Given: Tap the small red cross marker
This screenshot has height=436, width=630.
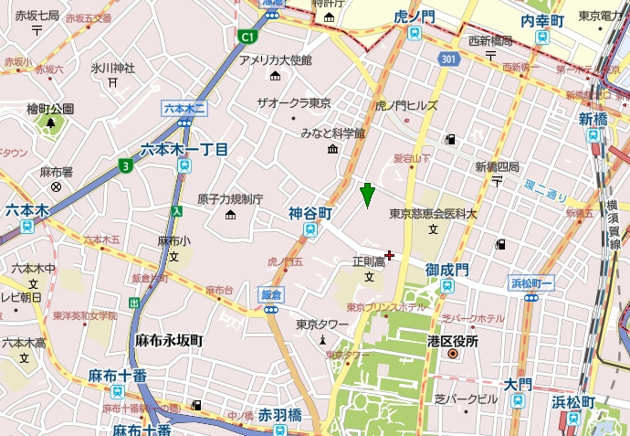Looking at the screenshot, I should [390, 255].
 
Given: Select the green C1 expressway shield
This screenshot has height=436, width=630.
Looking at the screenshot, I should [247, 37].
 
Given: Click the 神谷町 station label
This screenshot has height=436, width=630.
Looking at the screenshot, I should [310, 212].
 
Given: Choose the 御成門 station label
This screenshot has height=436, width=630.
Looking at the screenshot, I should [446, 270].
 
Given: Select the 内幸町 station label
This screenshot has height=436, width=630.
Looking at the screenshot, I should [545, 20].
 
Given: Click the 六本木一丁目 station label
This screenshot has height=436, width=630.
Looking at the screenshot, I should [184, 149].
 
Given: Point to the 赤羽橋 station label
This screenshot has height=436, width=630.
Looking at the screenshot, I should [278, 413].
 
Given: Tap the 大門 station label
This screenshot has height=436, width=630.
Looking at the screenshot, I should [518, 385].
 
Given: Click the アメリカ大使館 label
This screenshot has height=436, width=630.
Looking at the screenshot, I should [275, 60].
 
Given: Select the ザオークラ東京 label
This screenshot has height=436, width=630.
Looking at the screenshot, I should [293, 102].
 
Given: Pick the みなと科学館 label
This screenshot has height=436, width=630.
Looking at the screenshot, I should [333, 133].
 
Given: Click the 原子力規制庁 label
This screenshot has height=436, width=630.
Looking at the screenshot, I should [230, 199].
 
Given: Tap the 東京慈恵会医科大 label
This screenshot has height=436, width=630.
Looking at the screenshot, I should [434, 214].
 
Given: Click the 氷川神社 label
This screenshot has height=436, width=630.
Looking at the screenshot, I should [112, 68].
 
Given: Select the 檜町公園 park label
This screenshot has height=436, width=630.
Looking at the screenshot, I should [50, 109].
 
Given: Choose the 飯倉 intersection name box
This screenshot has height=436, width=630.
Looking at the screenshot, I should [271, 295].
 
